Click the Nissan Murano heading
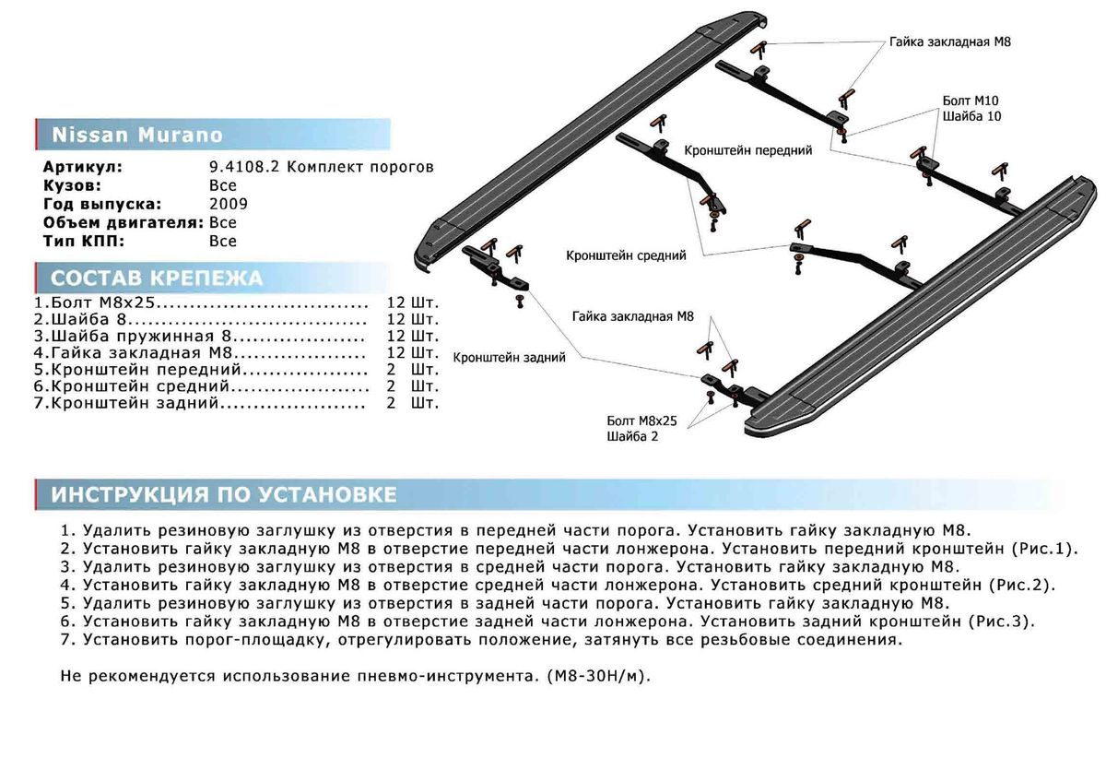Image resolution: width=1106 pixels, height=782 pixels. click(x=137, y=135)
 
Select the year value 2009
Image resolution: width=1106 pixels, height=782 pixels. click(x=229, y=204)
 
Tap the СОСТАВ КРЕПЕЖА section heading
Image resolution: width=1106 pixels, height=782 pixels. click(x=157, y=278)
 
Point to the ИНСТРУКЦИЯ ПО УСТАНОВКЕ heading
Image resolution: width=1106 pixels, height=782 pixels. click(x=224, y=495)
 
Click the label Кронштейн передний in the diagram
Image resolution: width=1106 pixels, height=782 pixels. click(x=747, y=149)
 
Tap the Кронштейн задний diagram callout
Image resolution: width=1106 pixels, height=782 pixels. click(x=508, y=356)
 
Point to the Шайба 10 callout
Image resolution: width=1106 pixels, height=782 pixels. click(x=971, y=116)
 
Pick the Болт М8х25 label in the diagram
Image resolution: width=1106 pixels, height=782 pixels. click(x=641, y=421)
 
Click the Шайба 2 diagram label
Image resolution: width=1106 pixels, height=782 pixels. click(x=632, y=436)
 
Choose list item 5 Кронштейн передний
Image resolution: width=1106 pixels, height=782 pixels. click(x=138, y=369)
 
